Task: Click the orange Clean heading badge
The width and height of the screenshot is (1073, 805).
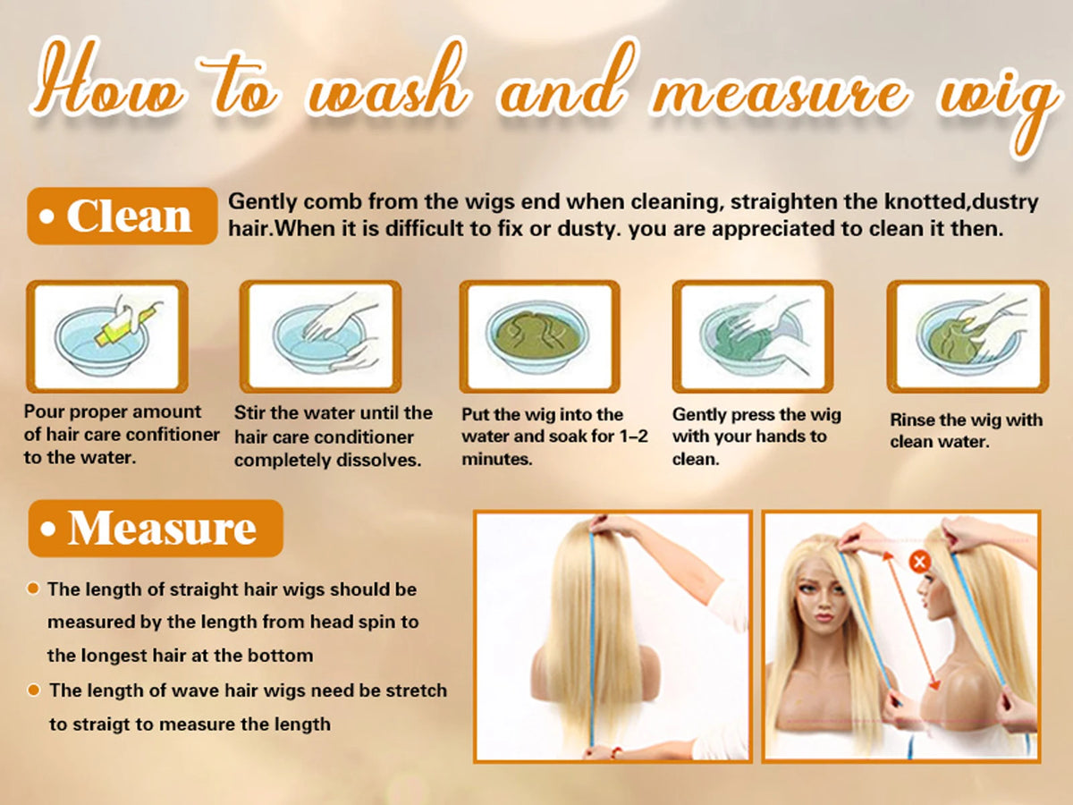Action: [x=123, y=216]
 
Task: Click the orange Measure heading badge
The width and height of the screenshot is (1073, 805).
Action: [x=156, y=529]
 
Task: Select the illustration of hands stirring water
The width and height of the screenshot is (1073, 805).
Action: [x=321, y=336]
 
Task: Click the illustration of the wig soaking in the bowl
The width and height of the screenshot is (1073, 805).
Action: [x=540, y=336]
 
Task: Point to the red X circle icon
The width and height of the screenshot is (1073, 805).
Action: [x=919, y=561]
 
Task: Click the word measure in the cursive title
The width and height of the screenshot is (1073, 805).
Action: [x=780, y=93]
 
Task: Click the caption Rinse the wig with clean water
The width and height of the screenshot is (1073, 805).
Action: [x=966, y=430]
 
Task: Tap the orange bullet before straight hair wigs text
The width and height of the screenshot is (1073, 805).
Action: [x=33, y=589]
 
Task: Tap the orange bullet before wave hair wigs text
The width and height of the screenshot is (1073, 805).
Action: [x=34, y=691]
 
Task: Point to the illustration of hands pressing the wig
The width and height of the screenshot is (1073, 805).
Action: [x=753, y=336]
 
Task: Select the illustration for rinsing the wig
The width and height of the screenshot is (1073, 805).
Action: [x=967, y=336]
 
